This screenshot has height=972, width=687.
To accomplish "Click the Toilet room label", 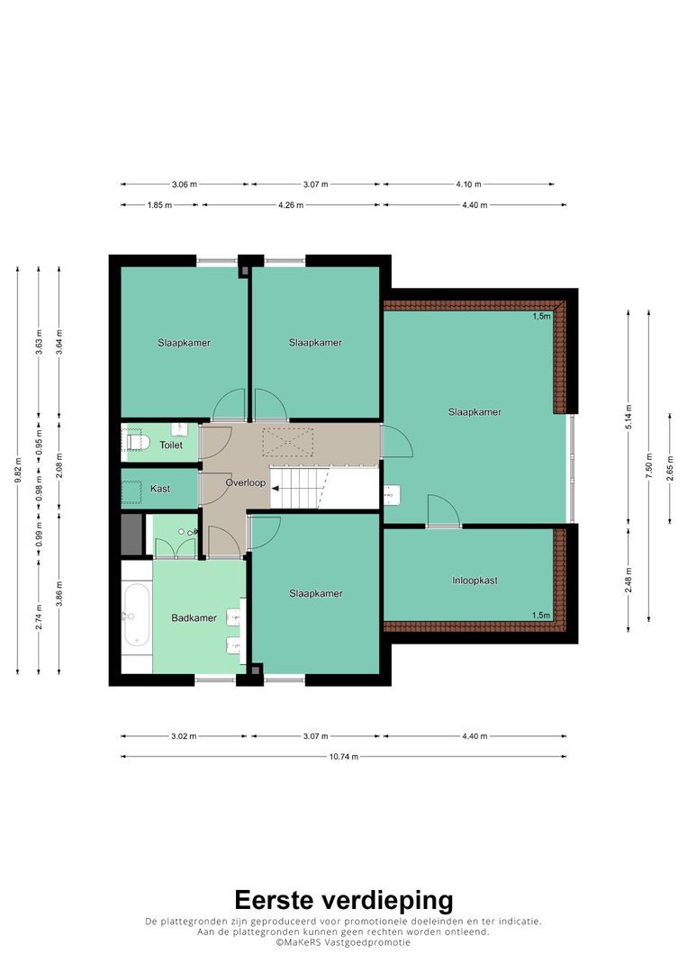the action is pos(171,445).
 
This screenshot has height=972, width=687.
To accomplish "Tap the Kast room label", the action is pos(160,489).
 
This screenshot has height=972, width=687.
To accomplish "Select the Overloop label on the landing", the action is pos(246,482).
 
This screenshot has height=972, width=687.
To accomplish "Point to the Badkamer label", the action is pos(194,618).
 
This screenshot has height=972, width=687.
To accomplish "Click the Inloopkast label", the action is pos(475,580).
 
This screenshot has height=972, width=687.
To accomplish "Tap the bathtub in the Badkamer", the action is pos(136,616).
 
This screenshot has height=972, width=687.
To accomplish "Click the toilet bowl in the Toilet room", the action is pos(139,441).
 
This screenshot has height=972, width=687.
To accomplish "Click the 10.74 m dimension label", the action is pos(344,756).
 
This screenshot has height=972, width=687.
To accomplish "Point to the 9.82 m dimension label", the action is pos(18,470).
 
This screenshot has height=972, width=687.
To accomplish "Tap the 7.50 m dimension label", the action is pos(649,465).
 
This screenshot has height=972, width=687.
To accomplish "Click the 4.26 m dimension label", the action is pos(290,204).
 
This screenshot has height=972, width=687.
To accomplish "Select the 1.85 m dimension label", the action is pos(159,204).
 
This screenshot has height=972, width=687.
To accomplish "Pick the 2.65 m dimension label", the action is pos(670,468).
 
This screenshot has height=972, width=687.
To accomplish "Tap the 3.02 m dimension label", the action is pos(184,736).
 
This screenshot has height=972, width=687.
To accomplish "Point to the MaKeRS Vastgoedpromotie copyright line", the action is pos(344,942).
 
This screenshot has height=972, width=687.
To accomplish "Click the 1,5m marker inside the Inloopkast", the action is pos(541,616).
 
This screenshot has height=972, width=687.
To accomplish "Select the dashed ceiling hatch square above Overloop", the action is pos(288,443).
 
